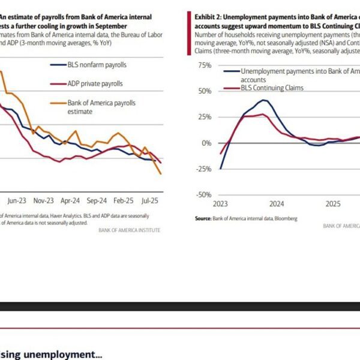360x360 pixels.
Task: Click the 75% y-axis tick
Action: (x=204, y=65)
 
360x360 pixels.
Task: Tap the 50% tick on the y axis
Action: (x=204, y=91)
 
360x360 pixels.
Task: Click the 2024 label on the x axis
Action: (x=278, y=203)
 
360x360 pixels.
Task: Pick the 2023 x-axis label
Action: (x=221, y=203)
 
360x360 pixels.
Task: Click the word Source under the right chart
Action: (x=203, y=218)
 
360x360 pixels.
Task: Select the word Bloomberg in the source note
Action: (x=284, y=218)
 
